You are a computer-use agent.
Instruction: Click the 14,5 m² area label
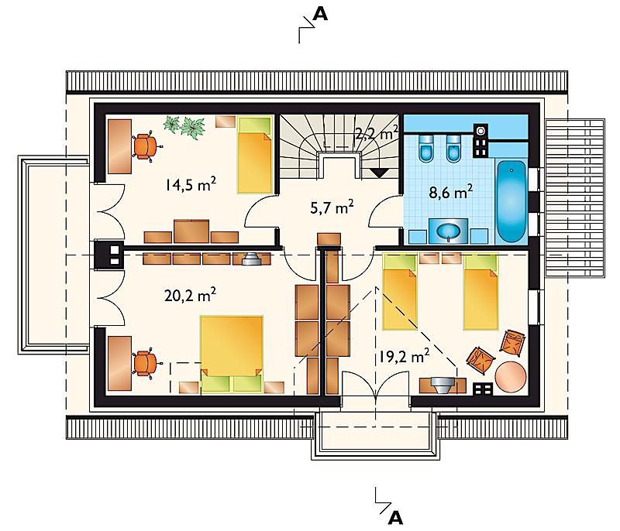click(191, 184)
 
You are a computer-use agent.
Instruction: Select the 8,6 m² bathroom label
click(451, 192)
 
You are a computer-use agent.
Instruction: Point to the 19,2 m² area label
click(404, 356)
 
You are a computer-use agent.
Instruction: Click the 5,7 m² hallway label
click(332, 207)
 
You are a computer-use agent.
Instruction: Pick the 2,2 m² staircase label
click(377, 133)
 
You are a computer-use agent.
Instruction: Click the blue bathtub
click(511, 201)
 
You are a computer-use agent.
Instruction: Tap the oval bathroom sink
click(448, 231)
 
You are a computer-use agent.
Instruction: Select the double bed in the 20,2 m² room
click(232, 354)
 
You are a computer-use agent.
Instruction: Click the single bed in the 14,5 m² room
click(256, 155)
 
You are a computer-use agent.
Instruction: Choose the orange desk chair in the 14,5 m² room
click(146, 146)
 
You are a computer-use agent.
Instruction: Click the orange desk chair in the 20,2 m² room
click(146, 364)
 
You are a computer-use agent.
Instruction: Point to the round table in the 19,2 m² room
click(511, 377)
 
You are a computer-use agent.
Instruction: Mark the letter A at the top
click(320, 15)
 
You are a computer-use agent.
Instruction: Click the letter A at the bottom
click(395, 518)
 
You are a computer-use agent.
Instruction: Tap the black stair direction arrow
click(379, 173)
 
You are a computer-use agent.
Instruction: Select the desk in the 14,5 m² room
click(120, 146)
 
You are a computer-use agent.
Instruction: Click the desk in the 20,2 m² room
click(119, 364)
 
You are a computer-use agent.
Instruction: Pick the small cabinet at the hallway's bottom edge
click(329, 239)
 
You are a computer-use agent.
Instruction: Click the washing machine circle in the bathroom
click(480, 130)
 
